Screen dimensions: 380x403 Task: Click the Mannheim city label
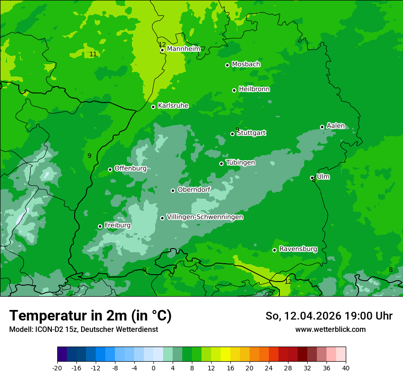coord(183,49)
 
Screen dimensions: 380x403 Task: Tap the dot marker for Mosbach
coord(227,65)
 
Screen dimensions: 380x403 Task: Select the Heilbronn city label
coord(254,89)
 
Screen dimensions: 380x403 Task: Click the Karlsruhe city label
coord(173,106)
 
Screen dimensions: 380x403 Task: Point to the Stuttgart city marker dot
coord(232,134)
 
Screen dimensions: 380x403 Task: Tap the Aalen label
coord(336,126)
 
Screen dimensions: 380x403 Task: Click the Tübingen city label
coord(240,163)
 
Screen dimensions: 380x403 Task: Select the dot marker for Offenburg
coord(110,169)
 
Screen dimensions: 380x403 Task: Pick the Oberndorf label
coord(194,190)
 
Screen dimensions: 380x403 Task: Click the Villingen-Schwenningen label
coord(205,217)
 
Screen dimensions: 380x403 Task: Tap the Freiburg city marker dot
coord(100,226)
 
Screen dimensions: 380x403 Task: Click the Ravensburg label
coord(298,249)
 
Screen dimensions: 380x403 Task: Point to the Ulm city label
coord(323,177)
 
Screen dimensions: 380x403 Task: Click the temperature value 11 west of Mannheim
coord(93,54)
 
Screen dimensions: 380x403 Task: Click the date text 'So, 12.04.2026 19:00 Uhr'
coord(329,316)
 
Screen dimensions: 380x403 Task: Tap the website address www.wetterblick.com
coord(330,329)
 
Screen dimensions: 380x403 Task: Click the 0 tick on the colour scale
coord(153,368)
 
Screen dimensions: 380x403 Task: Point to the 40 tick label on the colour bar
coord(345,368)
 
